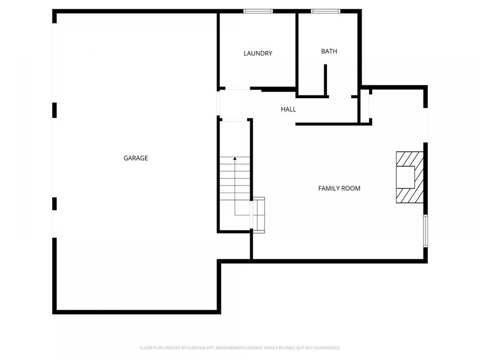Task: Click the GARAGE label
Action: pos(135,158)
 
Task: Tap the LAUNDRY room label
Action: pos(258,53)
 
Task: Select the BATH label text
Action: pos(329,51)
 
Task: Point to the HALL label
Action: pos(288,109)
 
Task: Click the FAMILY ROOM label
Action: pos(339,188)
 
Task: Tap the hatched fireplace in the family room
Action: pos(410,178)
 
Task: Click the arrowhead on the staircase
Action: pos(235,158)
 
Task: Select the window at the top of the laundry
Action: pos(258,11)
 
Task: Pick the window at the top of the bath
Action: pos(325,11)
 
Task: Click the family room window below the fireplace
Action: pos(425,230)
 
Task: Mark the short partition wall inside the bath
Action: pos(325,80)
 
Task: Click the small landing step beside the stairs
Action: pos(259,214)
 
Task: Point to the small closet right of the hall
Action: pos(365,107)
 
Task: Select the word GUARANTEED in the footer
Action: pos(325,348)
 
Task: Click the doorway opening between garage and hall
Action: pos(219,103)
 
